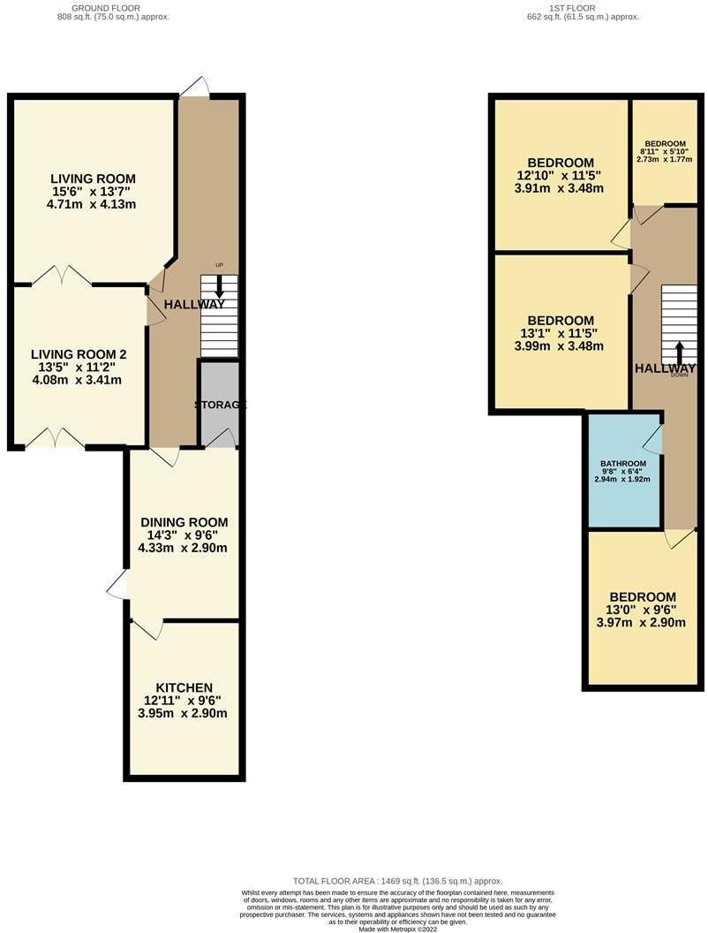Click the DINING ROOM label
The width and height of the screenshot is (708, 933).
pyautogui.click(x=183, y=521)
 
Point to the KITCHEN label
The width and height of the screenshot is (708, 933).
pyautogui.click(x=184, y=687)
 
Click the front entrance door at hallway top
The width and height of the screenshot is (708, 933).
pyautogui.click(x=195, y=87)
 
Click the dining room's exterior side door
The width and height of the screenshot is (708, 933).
pyautogui.click(x=117, y=585)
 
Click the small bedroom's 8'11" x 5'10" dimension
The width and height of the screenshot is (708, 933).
pyautogui.click(x=665, y=152)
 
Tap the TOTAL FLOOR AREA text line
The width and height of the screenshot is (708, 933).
pyautogui.click(x=397, y=881)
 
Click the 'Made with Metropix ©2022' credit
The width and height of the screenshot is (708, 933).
pyautogui.click(x=397, y=927)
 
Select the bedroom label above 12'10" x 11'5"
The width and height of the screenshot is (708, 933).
pyautogui.click(x=560, y=163)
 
